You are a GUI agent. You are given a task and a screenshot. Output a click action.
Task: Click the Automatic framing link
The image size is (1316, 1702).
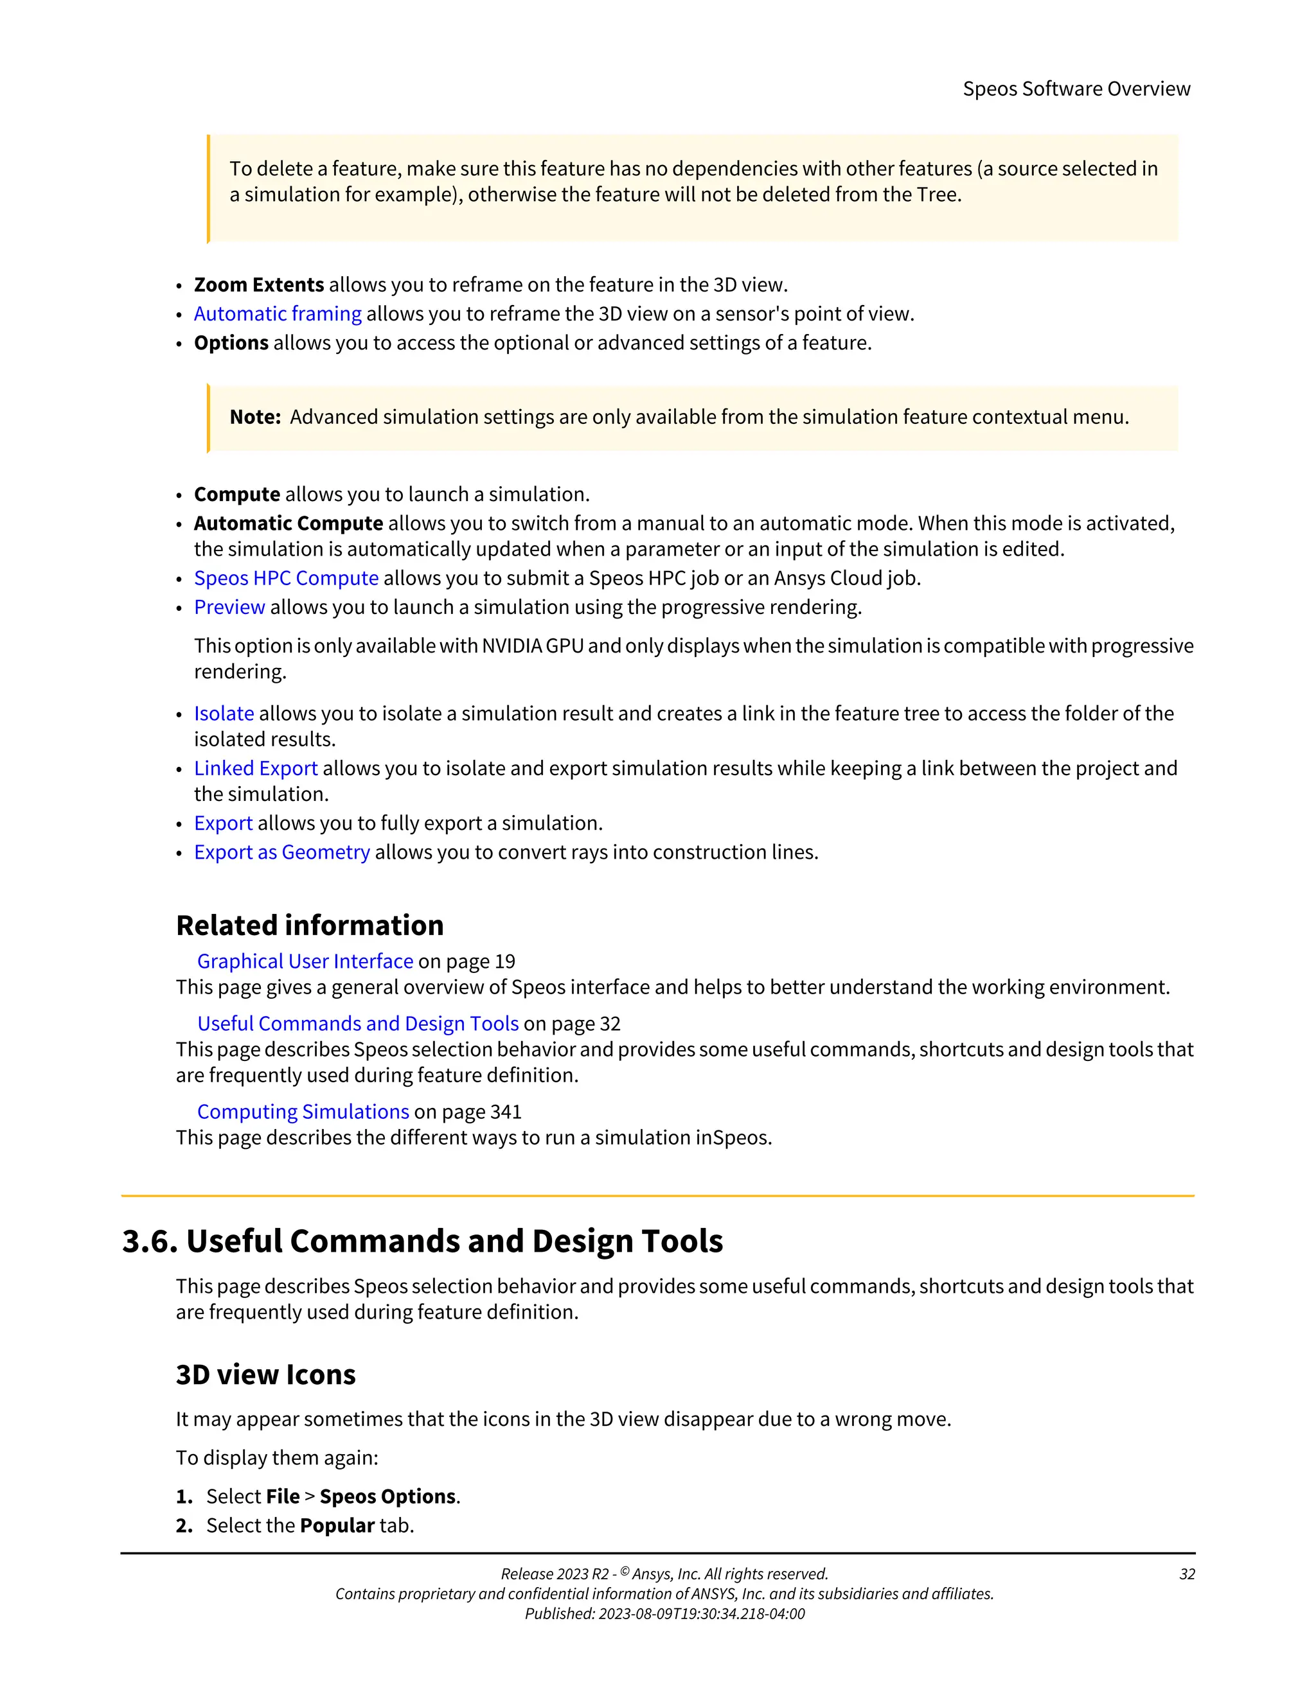tap(278, 314)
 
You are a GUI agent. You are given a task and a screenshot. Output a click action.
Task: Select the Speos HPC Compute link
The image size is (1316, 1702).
tap(286, 578)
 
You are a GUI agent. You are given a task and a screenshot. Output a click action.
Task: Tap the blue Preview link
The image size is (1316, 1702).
tap(229, 607)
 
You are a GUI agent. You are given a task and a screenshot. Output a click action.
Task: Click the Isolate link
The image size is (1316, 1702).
tap(224, 714)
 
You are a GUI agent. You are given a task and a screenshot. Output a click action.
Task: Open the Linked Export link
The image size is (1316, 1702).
tap(256, 768)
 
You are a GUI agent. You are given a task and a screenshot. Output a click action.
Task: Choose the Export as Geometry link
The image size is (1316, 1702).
tap(281, 852)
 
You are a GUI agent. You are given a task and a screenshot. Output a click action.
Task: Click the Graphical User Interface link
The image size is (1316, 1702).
tap(305, 961)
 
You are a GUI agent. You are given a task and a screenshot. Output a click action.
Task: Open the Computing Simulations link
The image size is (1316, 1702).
tap(303, 1112)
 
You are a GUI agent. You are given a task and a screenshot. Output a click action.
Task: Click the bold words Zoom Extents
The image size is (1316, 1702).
tap(259, 285)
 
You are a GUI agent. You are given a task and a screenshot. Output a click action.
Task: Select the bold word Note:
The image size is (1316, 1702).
tap(255, 417)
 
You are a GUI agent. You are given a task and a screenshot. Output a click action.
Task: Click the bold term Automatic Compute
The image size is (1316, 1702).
tap(289, 523)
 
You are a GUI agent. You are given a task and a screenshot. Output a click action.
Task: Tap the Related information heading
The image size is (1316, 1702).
tap(310, 926)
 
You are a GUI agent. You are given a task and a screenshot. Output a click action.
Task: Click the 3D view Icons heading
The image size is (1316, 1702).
tap(265, 1374)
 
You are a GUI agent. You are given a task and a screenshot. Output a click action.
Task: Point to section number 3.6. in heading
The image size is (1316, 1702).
tap(150, 1241)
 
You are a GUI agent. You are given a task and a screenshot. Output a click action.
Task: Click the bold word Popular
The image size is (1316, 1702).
tap(337, 1526)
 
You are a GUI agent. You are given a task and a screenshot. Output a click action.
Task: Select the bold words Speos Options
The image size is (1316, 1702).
tap(387, 1497)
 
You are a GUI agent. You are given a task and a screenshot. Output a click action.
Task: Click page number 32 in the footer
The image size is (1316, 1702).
tap(1187, 1574)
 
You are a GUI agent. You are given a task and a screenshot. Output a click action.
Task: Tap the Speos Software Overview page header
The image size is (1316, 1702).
tap(1076, 89)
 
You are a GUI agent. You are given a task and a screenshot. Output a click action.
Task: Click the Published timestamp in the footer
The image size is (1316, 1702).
tap(664, 1614)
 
